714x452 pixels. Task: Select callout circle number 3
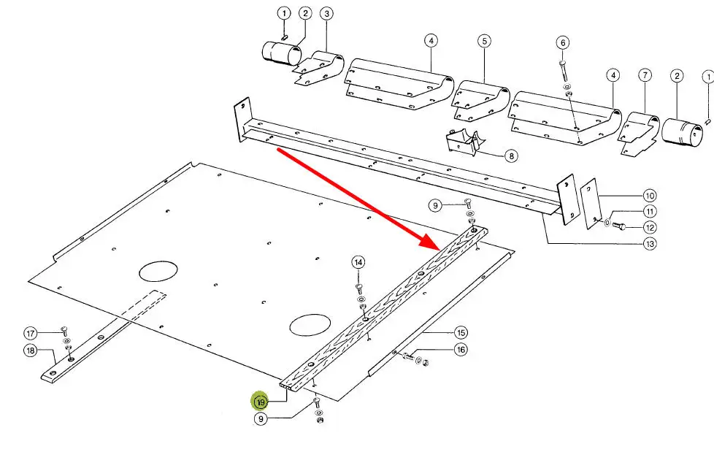click(x=326, y=14)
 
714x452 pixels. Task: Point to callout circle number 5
click(x=484, y=42)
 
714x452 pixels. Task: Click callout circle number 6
click(x=562, y=43)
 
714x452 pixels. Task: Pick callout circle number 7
click(x=644, y=75)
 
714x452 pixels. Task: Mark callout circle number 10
click(x=649, y=195)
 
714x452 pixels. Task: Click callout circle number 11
click(x=649, y=211)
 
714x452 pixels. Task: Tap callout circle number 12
click(x=649, y=227)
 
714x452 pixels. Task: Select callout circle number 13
click(x=649, y=244)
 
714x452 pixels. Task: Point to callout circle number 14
click(x=358, y=262)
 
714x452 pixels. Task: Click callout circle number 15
click(x=460, y=332)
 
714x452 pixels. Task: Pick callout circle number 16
click(x=460, y=350)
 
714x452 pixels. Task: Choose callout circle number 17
click(x=31, y=334)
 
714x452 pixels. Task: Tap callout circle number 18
click(x=31, y=351)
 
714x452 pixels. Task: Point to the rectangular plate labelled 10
click(x=589, y=207)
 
